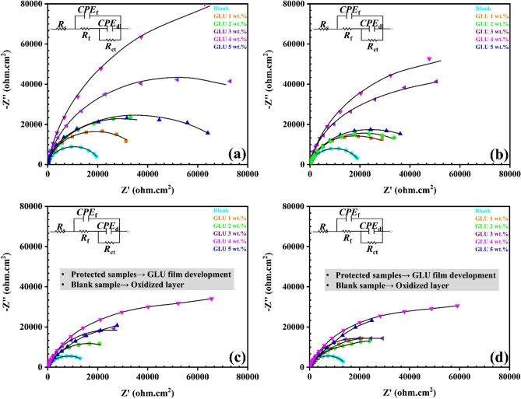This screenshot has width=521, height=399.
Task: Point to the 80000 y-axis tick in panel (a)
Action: [x=30, y=4]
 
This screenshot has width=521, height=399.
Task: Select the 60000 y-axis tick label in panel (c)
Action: [x=30, y=247]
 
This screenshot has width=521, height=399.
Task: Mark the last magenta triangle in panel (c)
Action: [x=211, y=299]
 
